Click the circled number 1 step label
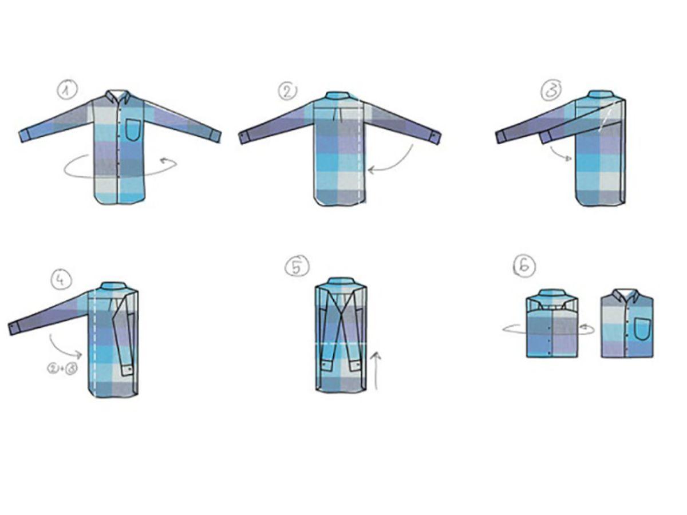(66, 90)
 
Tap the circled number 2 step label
(288, 90)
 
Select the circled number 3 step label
(551, 90)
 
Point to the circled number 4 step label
(61, 280)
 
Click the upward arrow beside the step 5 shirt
(377, 371)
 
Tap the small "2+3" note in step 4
(62, 369)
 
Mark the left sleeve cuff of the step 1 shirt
(25, 136)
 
